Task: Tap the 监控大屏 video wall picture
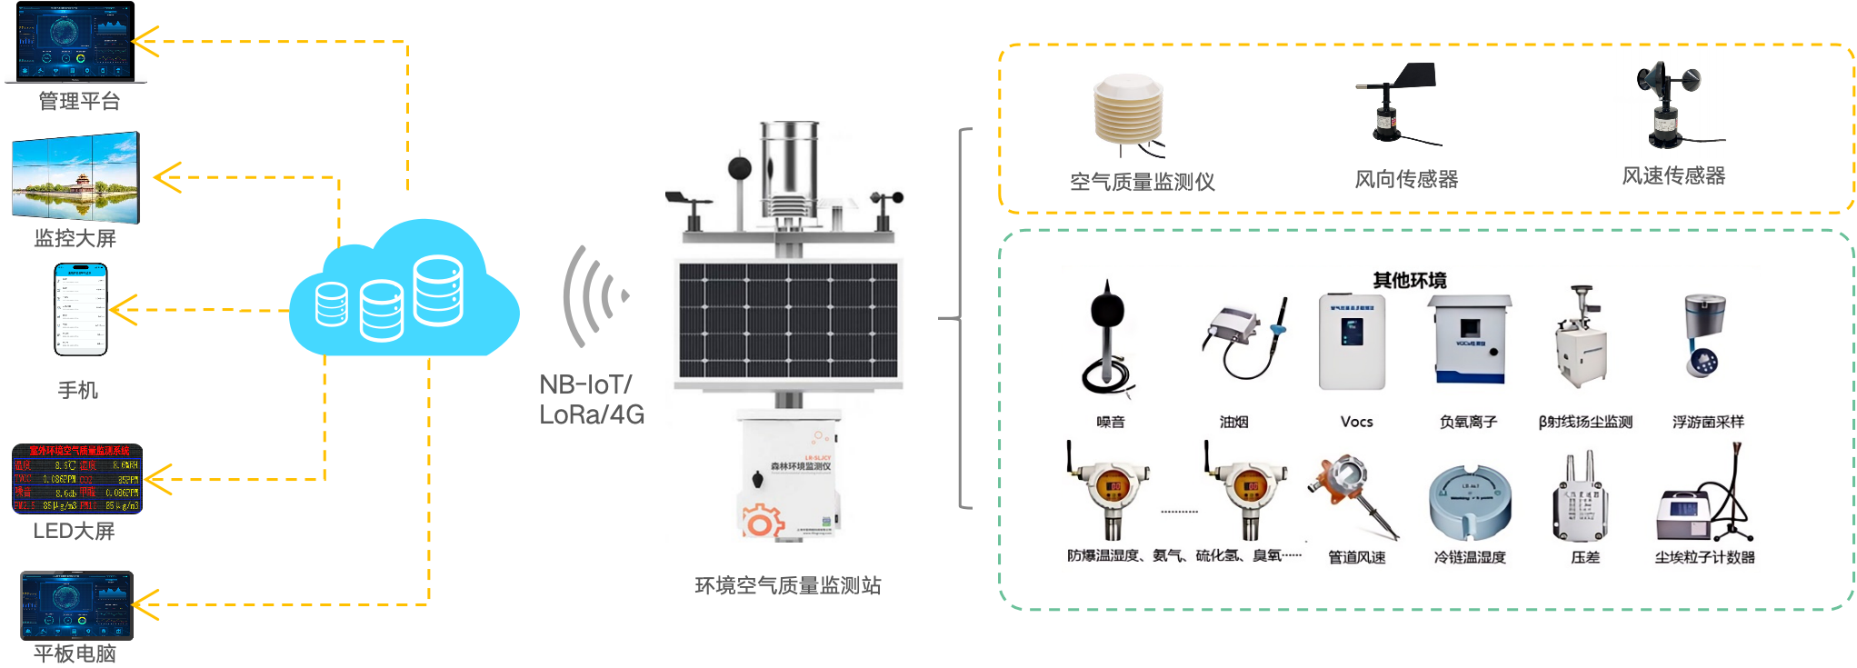[x=76, y=176]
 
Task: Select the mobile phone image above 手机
[x=80, y=309]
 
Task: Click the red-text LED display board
[x=77, y=478]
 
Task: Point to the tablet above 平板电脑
[x=77, y=604]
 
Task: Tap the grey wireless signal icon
[x=596, y=295]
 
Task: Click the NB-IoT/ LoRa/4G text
[x=592, y=400]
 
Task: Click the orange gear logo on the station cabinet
[x=762, y=521]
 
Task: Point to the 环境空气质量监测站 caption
[x=787, y=586]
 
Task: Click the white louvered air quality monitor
[x=1127, y=115]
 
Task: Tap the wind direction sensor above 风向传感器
[x=1397, y=104]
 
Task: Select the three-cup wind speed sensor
[x=1668, y=102]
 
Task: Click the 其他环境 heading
[x=1410, y=280]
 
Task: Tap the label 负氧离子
[x=1468, y=422]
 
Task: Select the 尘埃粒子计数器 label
[x=1704, y=557]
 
